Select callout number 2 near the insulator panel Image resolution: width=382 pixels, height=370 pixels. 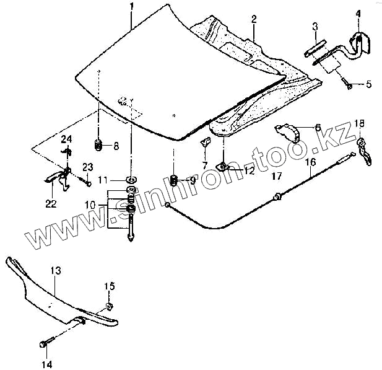(x=254, y=19)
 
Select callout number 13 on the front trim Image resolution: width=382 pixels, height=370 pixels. (x=56, y=271)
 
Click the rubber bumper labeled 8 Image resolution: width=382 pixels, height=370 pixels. (x=97, y=146)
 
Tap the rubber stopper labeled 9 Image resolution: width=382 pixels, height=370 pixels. (x=174, y=180)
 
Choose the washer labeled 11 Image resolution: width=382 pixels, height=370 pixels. (x=131, y=180)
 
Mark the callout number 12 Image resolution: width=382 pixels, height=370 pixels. (x=248, y=172)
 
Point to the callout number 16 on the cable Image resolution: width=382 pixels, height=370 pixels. (x=311, y=162)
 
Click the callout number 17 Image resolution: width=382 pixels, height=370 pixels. (x=277, y=175)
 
